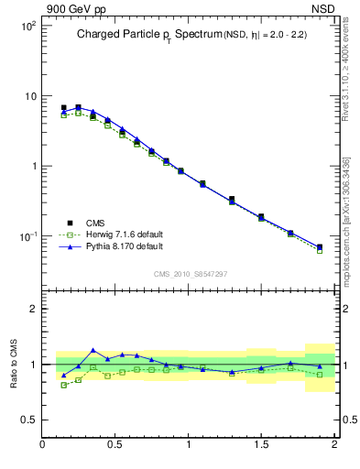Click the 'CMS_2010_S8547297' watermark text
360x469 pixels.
click(x=190, y=275)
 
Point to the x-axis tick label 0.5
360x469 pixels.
click(x=115, y=446)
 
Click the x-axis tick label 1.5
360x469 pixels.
click(x=261, y=446)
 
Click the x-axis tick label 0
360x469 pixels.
click(x=43, y=446)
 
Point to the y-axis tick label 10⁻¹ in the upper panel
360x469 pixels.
click(x=27, y=236)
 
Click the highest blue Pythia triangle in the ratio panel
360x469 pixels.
click(x=93, y=350)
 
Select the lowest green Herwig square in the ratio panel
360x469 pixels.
click(x=63, y=385)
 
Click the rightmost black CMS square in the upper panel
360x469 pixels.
click(x=320, y=246)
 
